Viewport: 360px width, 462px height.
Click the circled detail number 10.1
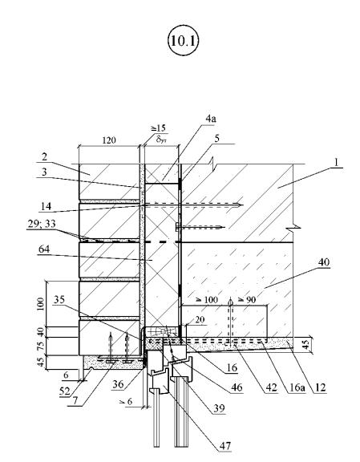coord(183,40)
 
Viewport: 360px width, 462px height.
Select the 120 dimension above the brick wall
coord(109,140)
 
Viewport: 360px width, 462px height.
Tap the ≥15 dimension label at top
coord(159,128)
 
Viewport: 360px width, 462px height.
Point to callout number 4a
coord(211,119)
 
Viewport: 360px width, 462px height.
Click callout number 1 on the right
coord(336,162)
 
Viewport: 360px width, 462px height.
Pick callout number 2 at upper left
coord(44,156)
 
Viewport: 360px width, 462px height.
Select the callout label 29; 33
coord(42,224)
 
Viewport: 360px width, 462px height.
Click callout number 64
coord(44,249)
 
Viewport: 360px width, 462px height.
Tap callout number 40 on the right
coord(324,262)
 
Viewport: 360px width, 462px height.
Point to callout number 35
coord(59,299)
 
